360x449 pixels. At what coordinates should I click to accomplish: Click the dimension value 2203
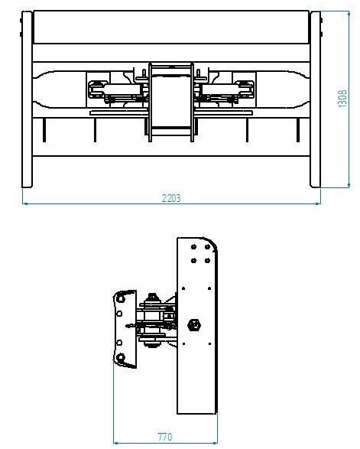coord(170,197)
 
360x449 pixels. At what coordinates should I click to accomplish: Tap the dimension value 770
coord(164,437)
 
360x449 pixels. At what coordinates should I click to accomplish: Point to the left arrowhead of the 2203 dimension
coord(26,203)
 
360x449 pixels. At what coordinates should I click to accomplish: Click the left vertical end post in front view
coord(27,99)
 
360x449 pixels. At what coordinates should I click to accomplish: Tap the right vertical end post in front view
coord(315,99)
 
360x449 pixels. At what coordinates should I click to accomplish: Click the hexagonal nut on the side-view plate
coord(193,324)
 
